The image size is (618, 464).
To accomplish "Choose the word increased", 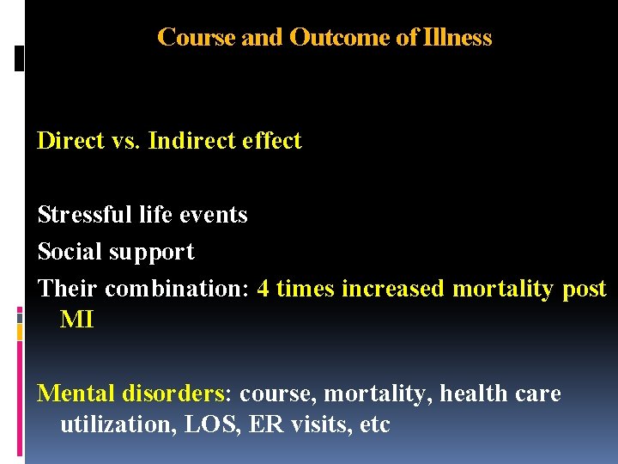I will [x=393, y=289].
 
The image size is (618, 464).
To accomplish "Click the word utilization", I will [x=116, y=424].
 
